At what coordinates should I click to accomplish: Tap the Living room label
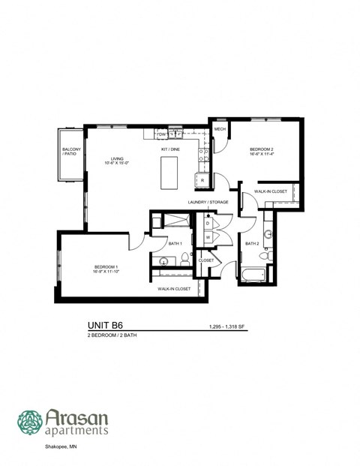click(x=118, y=161)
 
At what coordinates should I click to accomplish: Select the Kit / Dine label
click(x=170, y=149)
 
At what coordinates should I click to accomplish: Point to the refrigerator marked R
click(x=202, y=179)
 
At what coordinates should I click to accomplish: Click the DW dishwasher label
click(x=161, y=134)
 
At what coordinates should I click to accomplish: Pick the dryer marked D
click(x=207, y=224)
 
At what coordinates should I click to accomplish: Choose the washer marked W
click(x=207, y=238)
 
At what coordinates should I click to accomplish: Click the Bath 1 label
click(x=175, y=243)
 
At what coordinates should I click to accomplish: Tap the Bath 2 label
click(x=253, y=243)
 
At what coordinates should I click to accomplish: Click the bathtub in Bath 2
click(x=253, y=274)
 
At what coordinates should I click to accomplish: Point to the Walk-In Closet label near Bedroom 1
click(x=173, y=289)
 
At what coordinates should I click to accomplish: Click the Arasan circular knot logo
click(x=30, y=422)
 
